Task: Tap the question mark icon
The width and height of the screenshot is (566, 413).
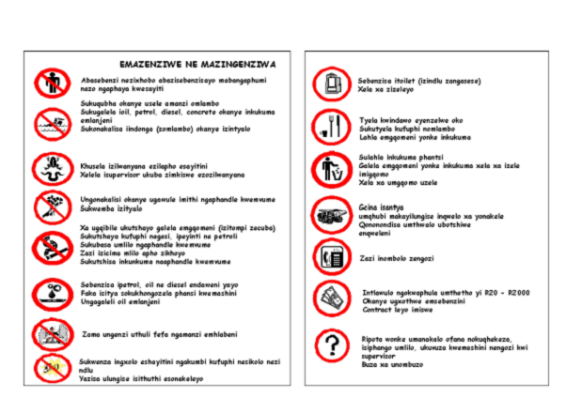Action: click(x=330, y=346)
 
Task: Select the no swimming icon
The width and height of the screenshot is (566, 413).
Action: click(x=48, y=122)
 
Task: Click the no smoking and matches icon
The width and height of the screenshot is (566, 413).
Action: click(x=48, y=246)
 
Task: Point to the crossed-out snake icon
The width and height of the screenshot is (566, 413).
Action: click(x=48, y=169)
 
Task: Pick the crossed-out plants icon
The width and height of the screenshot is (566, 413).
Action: click(x=48, y=206)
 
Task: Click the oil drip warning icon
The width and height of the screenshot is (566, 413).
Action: click(x=48, y=291)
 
